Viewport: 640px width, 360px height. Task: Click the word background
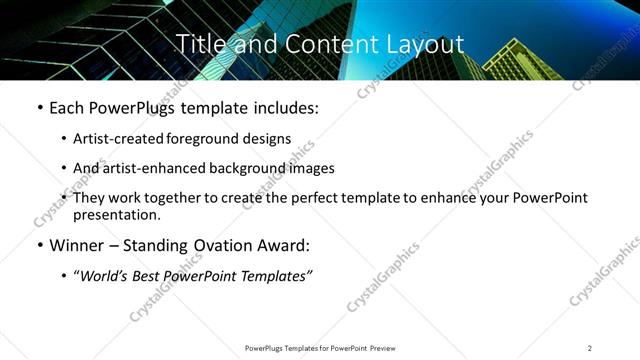point(236,168)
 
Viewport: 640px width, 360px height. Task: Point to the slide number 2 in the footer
point(590,348)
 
